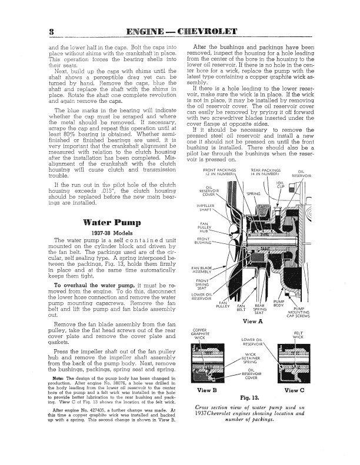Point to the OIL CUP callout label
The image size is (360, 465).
tap(280, 185)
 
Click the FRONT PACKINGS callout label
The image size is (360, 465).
tap(218, 172)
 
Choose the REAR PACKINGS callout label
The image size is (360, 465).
tap(264, 172)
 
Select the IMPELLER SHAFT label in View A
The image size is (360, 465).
tap(205, 208)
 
